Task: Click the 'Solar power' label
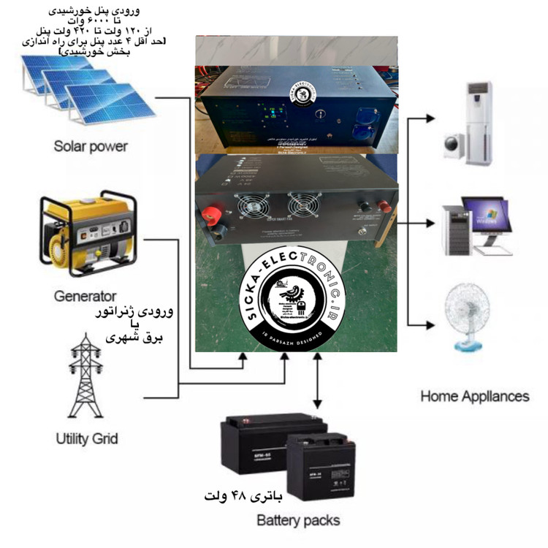pos(90,146)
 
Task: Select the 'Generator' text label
pos(85,296)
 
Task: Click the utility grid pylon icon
pos(85,376)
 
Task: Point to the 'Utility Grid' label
pos(86,439)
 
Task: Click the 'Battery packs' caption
pos(298,520)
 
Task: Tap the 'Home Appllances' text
pos(474,396)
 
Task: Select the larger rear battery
pos(256,446)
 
